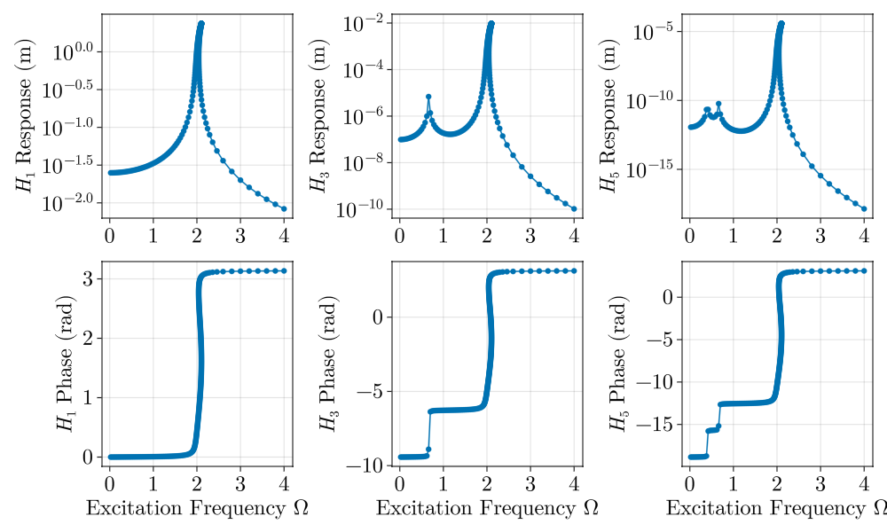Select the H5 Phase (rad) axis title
617,364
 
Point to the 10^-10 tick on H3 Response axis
363,209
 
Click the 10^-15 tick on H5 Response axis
653,168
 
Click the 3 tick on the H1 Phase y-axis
90,278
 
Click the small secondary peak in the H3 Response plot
428,96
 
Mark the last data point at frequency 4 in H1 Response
284,208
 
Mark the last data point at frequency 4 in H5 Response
864,209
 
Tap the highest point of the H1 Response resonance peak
201,24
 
